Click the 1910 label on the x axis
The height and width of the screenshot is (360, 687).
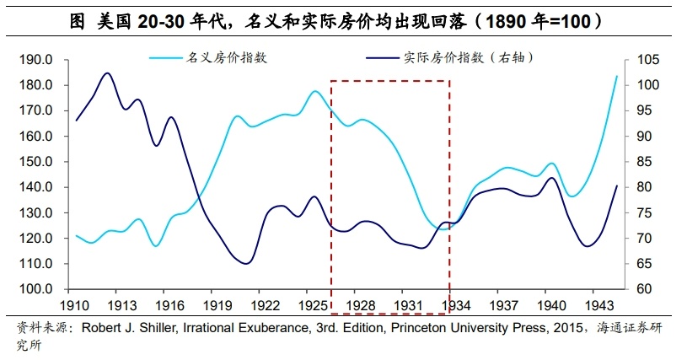pyautogui.click(x=76, y=305)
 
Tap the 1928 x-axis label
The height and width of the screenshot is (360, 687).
pyautogui.click(x=362, y=305)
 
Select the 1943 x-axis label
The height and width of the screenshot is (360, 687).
pyautogui.click(x=599, y=305)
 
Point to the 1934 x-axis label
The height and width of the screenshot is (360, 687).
pyautogui.click(x=457, y=305)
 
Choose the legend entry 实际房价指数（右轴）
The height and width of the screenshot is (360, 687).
pyautogui.click(x=473, y=57)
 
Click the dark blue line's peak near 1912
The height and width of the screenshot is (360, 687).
pyautogui.click(x=107, y=73)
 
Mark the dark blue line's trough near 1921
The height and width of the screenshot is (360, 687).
pyautogui.click(x=246, y=263)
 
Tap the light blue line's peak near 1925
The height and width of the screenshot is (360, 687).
pyautogui.click(x=314, y=90)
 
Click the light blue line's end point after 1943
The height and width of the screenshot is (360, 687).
pyautogui.click(x=616, y=77)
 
